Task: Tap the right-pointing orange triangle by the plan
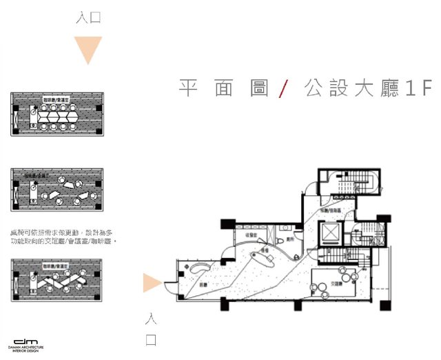point(152,283)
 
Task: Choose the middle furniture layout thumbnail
point(57,190)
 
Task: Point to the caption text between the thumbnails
point(62,237)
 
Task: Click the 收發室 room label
point(252,236)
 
